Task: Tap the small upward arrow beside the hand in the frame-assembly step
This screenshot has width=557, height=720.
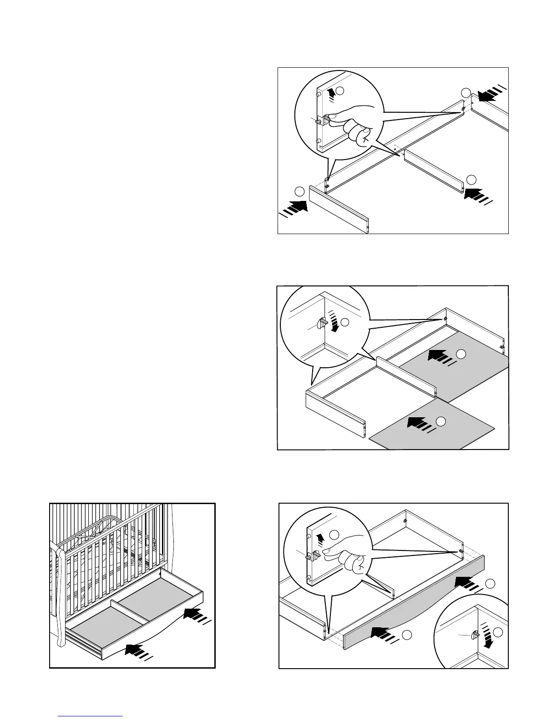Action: click(331, 93)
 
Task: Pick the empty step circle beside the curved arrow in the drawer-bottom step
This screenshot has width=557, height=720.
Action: click(345, 322)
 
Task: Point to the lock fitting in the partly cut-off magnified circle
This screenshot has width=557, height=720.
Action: click(475, 635)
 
